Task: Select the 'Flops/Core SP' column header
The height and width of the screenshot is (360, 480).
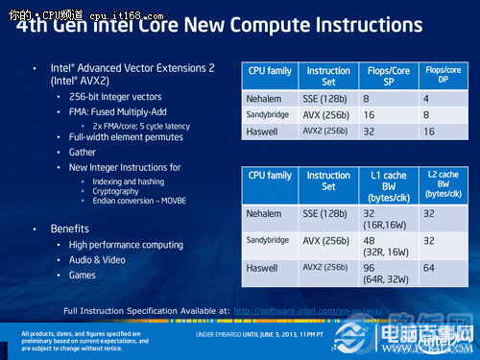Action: point(390,76)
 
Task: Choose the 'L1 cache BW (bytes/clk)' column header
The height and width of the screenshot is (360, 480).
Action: point(390,181)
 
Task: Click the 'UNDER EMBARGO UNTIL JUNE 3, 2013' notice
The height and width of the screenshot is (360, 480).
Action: point(264,336)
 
